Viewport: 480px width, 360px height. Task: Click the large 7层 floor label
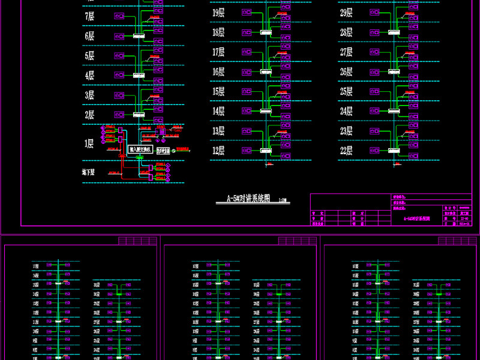89,16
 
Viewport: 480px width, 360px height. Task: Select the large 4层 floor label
89,76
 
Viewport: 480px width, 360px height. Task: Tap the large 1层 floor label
89,143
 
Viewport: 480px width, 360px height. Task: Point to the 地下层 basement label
89,172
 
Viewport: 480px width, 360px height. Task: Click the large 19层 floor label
218,13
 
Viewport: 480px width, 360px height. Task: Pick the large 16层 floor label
218,72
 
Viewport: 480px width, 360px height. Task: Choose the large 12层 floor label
218,151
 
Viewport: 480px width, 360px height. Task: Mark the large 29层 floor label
346,13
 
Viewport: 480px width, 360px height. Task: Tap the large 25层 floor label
346,92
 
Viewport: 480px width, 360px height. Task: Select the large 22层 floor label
346,151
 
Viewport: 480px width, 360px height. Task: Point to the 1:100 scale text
283,200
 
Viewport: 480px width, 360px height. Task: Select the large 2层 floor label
89,115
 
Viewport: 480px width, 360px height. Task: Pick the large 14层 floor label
218,111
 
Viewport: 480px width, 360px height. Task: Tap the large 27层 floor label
346,52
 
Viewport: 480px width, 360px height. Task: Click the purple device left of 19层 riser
247,13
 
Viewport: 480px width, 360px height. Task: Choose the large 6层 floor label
89,36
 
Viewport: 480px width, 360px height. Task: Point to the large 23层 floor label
346,131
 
